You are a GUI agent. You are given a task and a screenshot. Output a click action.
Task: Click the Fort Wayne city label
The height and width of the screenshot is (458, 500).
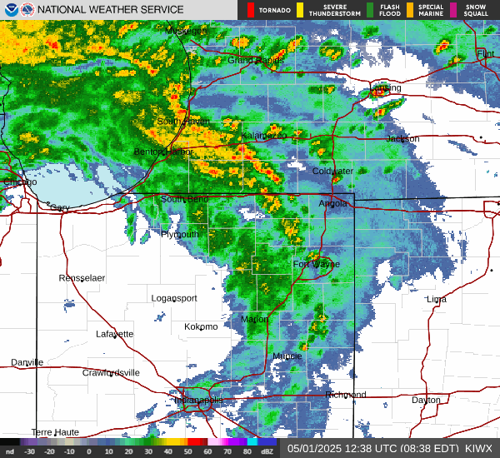point(316,265)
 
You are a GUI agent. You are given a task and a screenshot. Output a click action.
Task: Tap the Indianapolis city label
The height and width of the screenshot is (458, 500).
point(198,401)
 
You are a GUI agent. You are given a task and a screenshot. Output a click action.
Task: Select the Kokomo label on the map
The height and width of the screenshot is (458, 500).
point(201,326)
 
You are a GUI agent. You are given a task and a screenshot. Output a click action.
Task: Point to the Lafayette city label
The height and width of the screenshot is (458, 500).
point(114,334)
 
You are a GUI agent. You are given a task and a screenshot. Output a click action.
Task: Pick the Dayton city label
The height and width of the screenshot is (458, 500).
point(426,401)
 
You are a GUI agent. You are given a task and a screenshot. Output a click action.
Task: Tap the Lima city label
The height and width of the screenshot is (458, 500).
point(436,299)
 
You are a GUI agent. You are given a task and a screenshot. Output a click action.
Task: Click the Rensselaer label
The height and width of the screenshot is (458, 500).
point(82,277)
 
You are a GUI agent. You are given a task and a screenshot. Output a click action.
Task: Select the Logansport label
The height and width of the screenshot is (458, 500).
point(174,298)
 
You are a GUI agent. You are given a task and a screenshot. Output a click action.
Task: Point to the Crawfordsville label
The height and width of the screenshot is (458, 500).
point(111,373)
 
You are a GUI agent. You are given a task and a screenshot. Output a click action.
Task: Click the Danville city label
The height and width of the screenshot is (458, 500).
point(27,362)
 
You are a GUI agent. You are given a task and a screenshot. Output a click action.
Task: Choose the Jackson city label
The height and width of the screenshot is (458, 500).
point(402,139)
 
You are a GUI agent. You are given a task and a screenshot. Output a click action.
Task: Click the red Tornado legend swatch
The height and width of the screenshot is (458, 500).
point(251,10)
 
